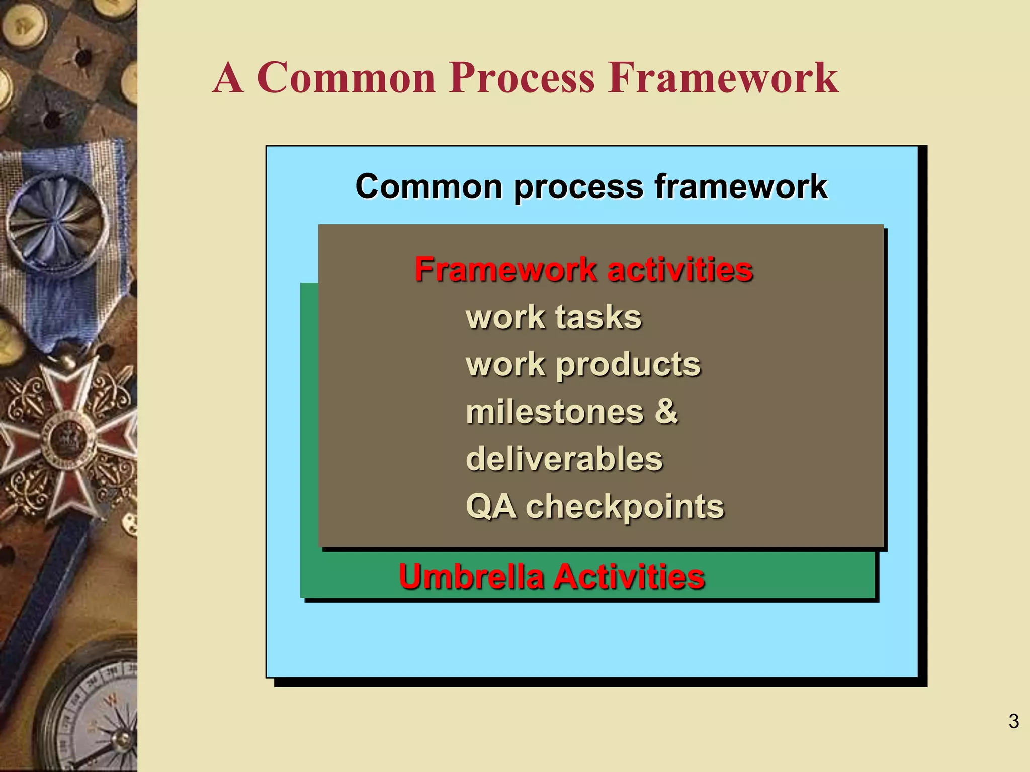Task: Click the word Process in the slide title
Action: click(522, 79)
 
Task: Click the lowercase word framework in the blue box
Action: click(740, 187)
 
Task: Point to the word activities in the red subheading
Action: click(680, 270)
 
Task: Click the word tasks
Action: click(598, 318)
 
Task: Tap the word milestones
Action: click(554, 412)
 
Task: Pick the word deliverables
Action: click(564, 459)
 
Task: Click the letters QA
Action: click(491, 506)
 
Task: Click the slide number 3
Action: click(1013, 721)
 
